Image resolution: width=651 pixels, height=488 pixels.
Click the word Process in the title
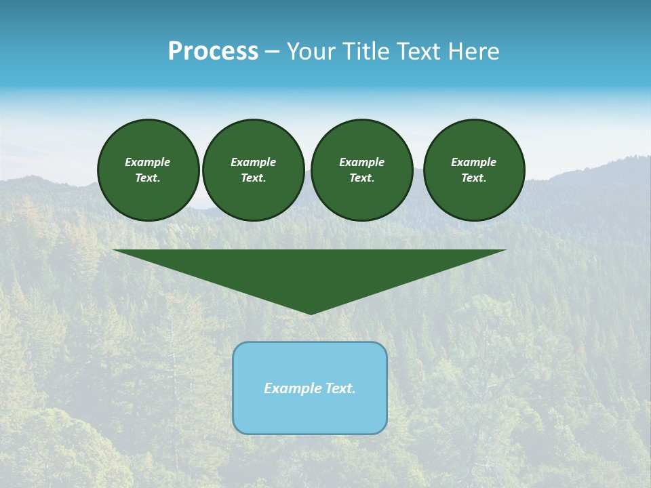[213, 52]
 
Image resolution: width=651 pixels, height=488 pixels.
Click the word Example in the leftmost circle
[148, 162]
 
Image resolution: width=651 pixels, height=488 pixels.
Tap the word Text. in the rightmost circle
[474, 178]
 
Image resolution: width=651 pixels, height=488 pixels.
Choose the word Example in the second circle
[254, 162]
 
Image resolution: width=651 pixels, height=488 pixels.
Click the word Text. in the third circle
[361, 178]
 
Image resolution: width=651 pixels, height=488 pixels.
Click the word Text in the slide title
[420, 52]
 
